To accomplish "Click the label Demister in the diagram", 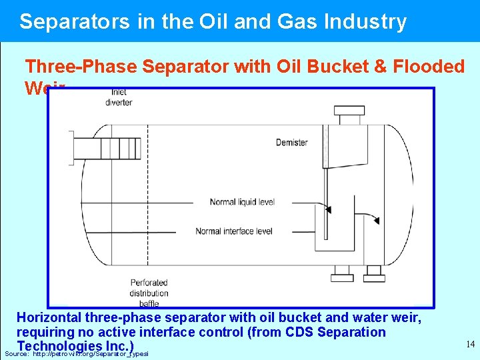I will (x=292, y=142).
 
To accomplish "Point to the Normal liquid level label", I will (x=241, y=201).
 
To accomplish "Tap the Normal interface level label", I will (x=233, y=231).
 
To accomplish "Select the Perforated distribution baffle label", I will (x=149, y=293).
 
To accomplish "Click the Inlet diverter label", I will (x=119, y=97).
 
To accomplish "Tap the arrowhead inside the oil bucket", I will (x=327, y=209).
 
